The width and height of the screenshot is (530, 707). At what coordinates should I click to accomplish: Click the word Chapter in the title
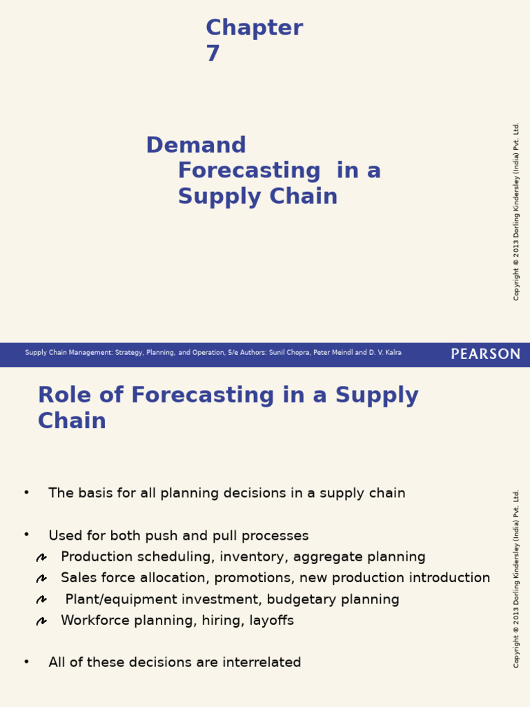tap(254, 28)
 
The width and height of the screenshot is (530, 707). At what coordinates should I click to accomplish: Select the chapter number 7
tap(213, 54)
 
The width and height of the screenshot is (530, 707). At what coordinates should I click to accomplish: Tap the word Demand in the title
tap(196, 146)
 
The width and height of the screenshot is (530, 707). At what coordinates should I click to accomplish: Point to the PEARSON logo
tap(486, 354)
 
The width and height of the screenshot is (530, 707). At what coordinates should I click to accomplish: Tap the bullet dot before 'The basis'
tap(26, 492)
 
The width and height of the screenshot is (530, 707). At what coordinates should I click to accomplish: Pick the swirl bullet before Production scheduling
tap(41, 558)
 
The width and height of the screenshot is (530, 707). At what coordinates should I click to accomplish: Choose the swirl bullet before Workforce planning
tap(41, 621)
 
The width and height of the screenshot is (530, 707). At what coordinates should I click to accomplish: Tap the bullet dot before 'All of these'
tap(26, 661)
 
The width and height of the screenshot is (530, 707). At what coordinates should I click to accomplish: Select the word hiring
tap(221, 621)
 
